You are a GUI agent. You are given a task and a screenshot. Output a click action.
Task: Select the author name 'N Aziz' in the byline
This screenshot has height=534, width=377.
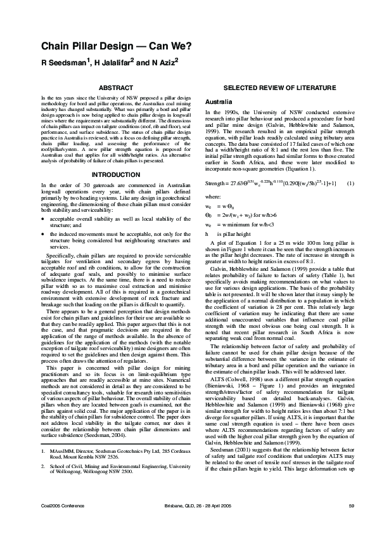(x=162, y=63)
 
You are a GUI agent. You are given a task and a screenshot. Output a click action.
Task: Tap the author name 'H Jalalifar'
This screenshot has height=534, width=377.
(x=113, y=63)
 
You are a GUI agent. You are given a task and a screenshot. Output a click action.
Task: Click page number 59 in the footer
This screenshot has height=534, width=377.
(x=351, y=505)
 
